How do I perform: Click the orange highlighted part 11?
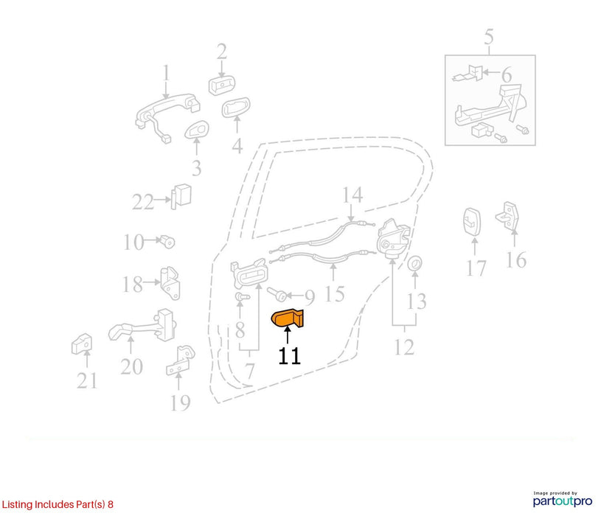tap(287, 318)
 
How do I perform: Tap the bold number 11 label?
tap(289, 356)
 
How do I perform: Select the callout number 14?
tap(352, 195)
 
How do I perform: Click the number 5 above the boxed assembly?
tap(489, 37)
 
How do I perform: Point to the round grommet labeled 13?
tap(414, 264)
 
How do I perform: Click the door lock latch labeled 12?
tap(393, 238)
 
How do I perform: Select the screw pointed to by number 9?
tap(277, 295)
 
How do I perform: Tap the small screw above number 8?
tap(241, 296)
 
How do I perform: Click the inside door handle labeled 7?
tap(249, 273)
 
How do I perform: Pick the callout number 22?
tap(142, 202)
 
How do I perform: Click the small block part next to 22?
tap(181, 197)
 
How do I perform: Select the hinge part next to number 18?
tap(170, 283)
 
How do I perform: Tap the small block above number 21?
tap(82, 344)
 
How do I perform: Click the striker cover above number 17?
tap(473, 222)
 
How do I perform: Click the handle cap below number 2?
tap(221, 86)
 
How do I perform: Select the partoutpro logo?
tap(563, 500)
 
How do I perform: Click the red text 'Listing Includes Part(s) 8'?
tap(58, 504)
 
